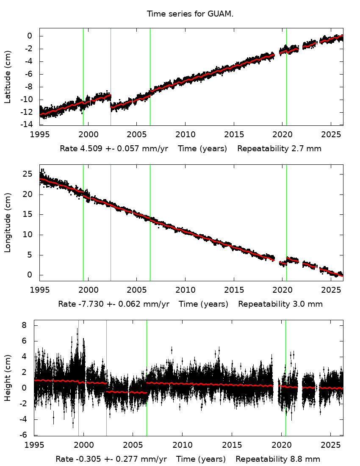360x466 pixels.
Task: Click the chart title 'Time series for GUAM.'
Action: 190,14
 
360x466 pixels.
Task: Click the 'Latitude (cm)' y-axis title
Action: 8,77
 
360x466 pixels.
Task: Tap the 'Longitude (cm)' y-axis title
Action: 8,222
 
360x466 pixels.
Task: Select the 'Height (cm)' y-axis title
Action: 8,378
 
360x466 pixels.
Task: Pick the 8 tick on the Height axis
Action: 25,325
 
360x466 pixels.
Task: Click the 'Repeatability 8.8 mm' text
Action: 278,459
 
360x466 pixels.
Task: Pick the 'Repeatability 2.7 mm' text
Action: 279,149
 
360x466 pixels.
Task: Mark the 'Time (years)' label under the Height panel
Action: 201,459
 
